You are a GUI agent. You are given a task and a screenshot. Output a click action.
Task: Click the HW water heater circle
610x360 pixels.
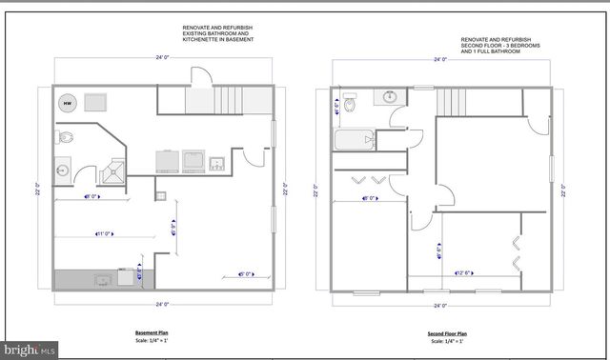pos(69,102)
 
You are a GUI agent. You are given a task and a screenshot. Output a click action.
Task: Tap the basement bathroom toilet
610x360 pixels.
pos(64,138)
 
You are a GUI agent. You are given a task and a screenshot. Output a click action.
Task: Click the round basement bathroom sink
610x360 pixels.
pos(63,171)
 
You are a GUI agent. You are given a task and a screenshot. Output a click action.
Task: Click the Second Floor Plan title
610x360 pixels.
pos(447,333)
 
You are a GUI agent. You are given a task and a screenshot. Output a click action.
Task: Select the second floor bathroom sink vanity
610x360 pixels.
pos(390,96)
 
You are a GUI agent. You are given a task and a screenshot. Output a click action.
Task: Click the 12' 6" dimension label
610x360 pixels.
pos(466,274)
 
